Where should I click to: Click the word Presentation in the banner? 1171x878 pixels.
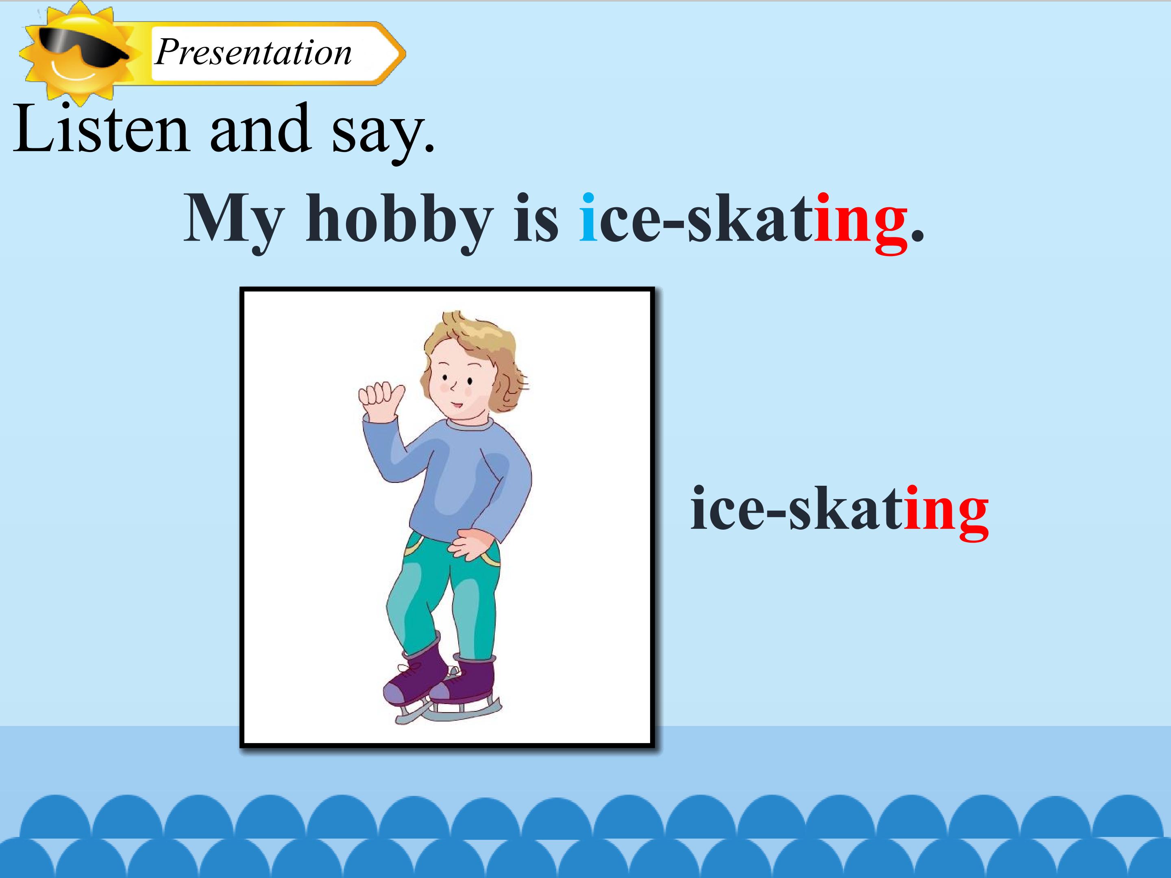click(x=253, y=53)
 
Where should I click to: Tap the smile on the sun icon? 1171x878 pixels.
click(x=74, y=72)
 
